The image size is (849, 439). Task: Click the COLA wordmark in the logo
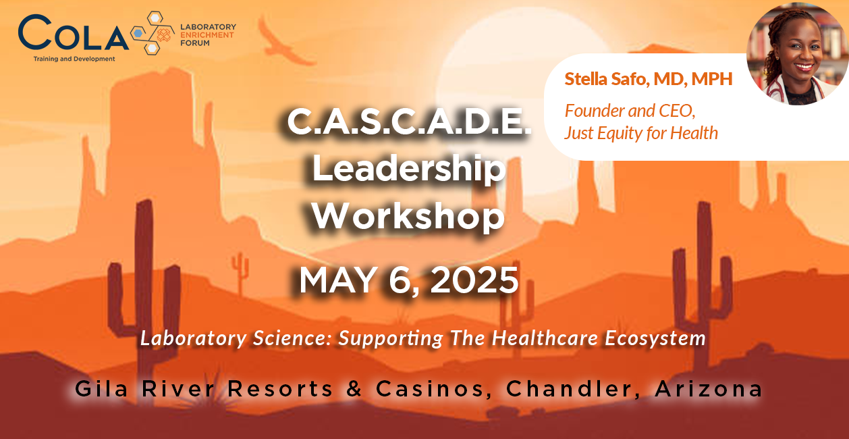(73, 32)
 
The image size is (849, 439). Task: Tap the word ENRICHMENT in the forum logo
(207, 35)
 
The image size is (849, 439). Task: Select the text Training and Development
(74, 59)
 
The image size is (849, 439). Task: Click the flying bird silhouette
(284, 41)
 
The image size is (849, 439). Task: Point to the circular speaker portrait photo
(798, 53)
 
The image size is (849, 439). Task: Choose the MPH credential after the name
(712, 79)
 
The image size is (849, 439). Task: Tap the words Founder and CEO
(630, 111)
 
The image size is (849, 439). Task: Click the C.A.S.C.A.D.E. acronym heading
(408, 122)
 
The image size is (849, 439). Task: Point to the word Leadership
(408, 170)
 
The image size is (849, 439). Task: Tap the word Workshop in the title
(408, 217)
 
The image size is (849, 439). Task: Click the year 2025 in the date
(474, 280)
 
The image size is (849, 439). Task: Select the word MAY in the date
(337, 280)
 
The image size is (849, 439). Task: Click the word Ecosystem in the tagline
(655, 338)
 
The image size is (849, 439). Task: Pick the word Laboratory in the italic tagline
(193, 338)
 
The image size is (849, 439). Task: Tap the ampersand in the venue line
(354, 389)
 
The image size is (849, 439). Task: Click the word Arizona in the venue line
(709, 389)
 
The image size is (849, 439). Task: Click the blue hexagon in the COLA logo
(138, 33)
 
